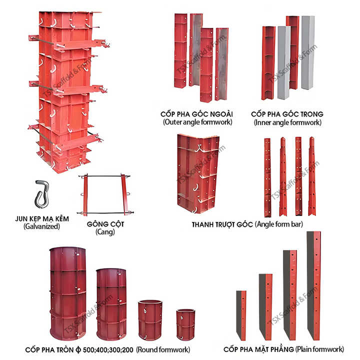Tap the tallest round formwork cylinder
(x=67, y=293)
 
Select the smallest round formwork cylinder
(x=185, y=324)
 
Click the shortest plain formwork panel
(x=241, y=315)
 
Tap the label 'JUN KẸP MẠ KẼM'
(x=41, y=218)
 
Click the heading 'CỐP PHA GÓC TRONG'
(x=287, y=114)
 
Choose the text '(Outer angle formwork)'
(x=197, y=122)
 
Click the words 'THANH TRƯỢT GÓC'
(x=222, y=224)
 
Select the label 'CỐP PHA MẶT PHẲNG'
(x=258, y=349)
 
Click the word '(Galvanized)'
(x=41, y=226)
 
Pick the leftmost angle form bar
(x=267, y=177)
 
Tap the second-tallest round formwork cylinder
(x=111, y=304)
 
